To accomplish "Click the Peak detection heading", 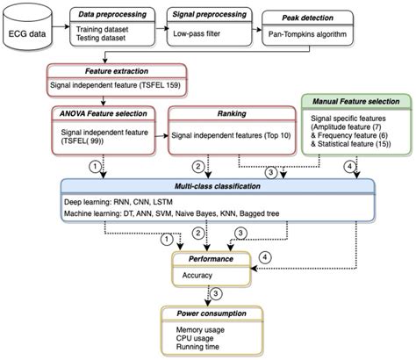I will coord(307,18).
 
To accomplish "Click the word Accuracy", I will coord(197,274).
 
